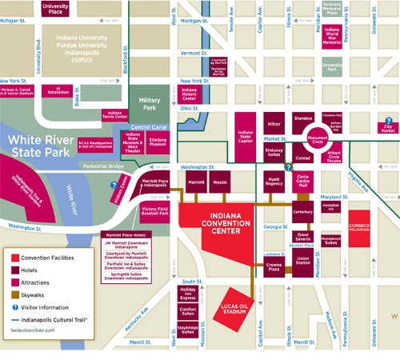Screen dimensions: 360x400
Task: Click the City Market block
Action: tap(389, 125)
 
